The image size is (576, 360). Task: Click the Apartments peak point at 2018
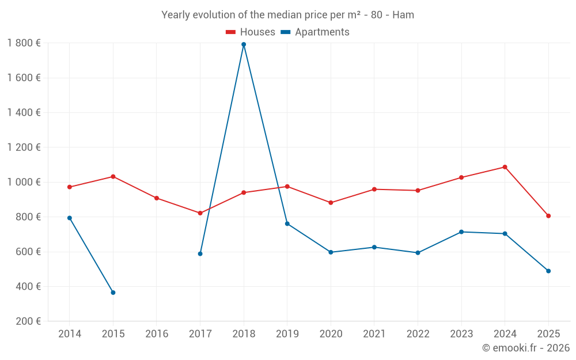(x=244, y=44)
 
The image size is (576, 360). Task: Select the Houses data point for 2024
(x=505, y=167)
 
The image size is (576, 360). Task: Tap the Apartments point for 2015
(x=113, y=293)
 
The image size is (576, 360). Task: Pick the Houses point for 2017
(x=200, y=213)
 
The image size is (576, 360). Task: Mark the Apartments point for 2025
(x=548, y=271)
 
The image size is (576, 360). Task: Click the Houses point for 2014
(x=70, y=187)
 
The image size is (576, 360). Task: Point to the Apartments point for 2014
(x=70, y=218)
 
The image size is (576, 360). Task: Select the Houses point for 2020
(x=331, y=203)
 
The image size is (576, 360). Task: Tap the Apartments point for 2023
(x=461, y=232)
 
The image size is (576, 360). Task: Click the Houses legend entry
(x=251, y=32)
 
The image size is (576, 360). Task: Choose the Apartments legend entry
(x=315, y=32)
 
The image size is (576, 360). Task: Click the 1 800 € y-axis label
(x=24, y=43)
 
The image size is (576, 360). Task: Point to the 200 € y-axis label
(x=27, y=321)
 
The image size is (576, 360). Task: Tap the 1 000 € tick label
(x=24, y=182)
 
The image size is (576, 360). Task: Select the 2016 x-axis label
(x=157, y=334)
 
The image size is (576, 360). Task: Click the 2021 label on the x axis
(x=374, y=334)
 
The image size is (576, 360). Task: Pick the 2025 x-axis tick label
(x=548, y=334)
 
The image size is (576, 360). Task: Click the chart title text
(x=287, y=15)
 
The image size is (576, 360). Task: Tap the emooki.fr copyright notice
(x=525, y=348)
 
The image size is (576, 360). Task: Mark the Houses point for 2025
(x=548, y=216)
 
